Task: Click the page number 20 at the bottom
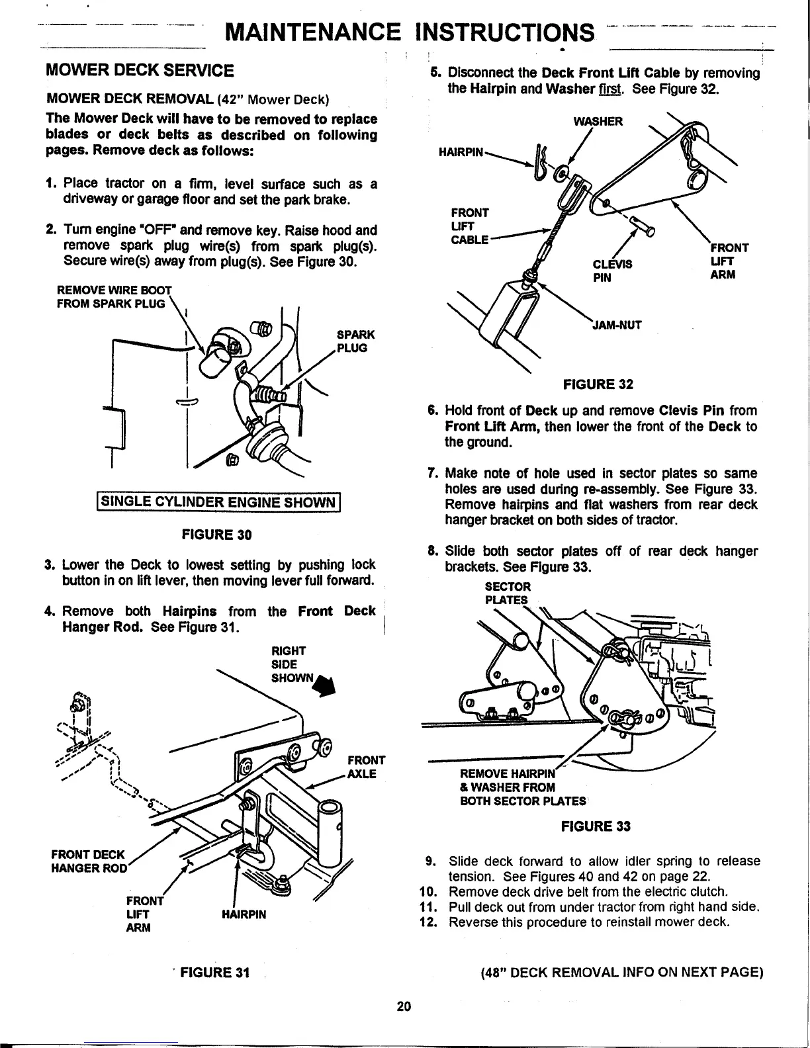[404, 1006]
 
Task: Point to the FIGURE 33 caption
[596, 826]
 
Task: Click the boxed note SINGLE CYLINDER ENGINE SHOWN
[218, 502]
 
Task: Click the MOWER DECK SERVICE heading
[139, 70]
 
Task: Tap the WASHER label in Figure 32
[598, 122]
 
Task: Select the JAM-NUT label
[615, 325]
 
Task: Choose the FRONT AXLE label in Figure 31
[362, 767]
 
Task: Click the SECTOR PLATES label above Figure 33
[508, 593]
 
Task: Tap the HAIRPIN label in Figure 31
[244, 914]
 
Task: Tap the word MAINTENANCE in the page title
[312, 32]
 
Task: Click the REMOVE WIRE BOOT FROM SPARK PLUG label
[112, 296]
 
